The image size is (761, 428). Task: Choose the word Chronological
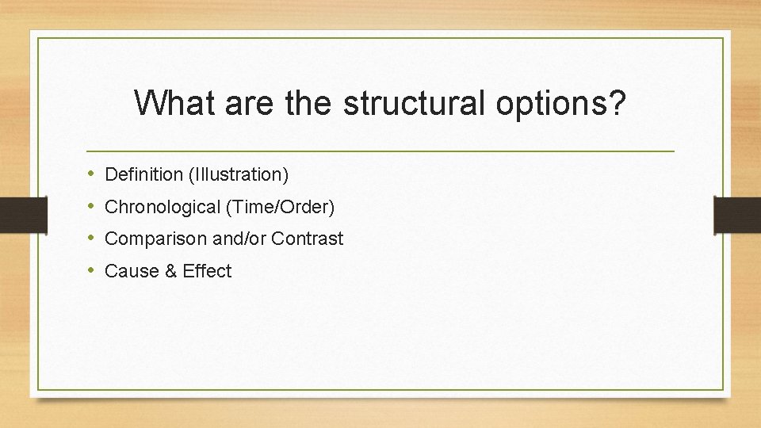163,207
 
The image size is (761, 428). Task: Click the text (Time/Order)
281,207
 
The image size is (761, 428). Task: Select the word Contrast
308,239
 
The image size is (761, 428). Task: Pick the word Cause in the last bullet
129,271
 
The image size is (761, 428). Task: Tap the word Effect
207,271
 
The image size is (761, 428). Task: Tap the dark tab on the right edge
737,214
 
